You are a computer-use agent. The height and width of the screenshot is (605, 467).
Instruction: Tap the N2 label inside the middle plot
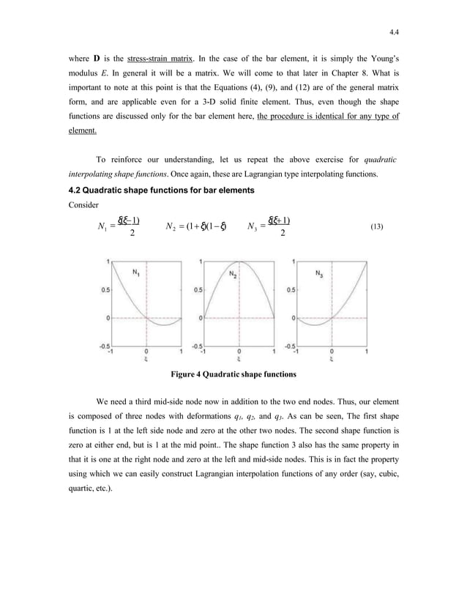[x=233, y=275]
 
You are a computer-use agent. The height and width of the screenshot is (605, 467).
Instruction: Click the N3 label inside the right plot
[x=321, y=275]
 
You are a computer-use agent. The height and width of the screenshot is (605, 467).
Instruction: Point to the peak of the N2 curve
[x=239, y=261]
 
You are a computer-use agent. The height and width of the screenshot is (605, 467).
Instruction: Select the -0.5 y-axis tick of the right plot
[x=290, y=346]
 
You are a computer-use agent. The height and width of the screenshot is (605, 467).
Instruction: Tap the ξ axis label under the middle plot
[x=239, y=359]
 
